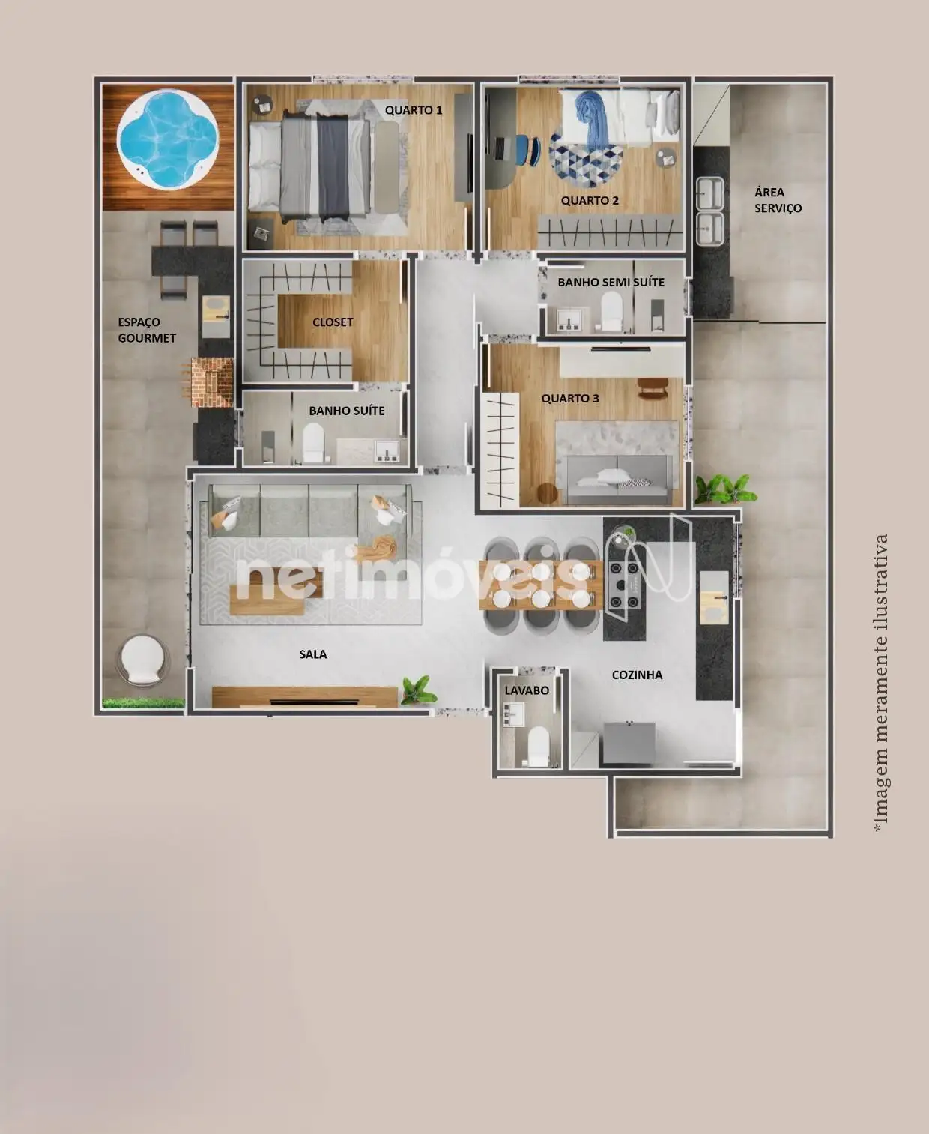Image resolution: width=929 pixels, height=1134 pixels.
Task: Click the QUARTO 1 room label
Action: coord(414,110)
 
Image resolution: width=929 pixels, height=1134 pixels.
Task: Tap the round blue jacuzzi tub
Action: coord(168,140)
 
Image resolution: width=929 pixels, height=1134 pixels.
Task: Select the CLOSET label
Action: coord(333,322)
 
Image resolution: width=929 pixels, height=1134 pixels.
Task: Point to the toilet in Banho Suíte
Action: coord(313,443)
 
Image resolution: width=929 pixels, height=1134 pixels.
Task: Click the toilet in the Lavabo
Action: coord(538,746)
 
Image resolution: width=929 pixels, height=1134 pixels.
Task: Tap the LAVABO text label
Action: coord(527,690)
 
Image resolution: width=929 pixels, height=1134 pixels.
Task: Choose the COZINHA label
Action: coord(637,675)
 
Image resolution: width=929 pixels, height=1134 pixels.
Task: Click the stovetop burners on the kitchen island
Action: coord(624,585)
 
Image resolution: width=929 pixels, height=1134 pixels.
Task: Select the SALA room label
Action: coord(313,654)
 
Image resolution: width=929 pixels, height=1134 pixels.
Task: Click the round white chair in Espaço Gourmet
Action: coord(142,660)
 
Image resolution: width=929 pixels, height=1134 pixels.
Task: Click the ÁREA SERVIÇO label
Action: coord(778,200)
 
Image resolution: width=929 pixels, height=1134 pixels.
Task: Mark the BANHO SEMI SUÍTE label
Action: coord(611,283)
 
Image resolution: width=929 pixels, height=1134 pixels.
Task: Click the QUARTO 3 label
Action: coord(570,399)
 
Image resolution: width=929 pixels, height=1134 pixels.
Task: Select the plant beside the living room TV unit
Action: coord(420,690)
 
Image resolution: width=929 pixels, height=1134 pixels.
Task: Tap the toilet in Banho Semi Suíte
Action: coord(611,311)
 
